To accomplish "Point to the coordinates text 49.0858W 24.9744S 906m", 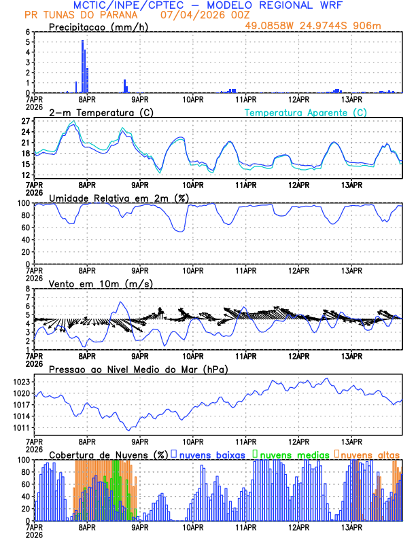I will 323,26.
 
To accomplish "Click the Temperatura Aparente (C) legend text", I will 305,112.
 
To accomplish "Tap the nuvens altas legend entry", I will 368,454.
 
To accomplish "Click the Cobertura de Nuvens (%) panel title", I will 108,454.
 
